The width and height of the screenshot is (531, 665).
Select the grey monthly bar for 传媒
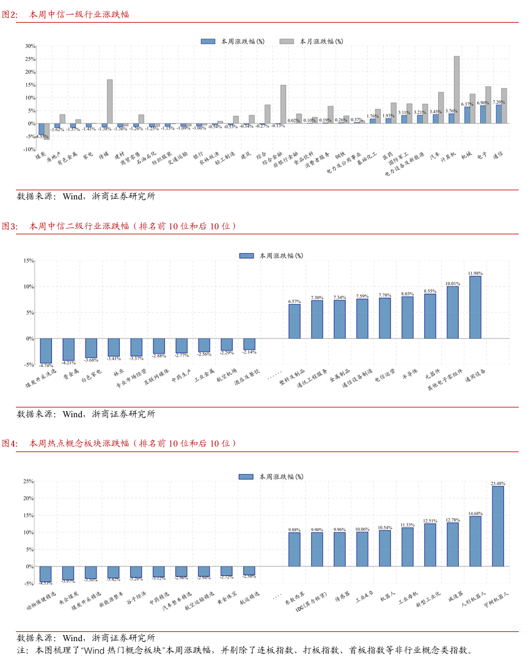[x=110, y=101]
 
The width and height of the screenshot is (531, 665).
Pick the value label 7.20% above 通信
[x=499, y=102]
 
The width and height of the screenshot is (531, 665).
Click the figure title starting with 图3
[x=119, y=226]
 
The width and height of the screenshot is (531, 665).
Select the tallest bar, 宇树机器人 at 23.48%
[x=498, y=526]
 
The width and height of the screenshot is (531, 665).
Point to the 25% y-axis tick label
[x=28, y=481]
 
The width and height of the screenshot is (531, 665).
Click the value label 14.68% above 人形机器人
[x=475, y=514]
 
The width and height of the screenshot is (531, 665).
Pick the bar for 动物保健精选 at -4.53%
[x=46, y=574]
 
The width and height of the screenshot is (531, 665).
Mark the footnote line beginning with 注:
[x=244, y=650]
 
